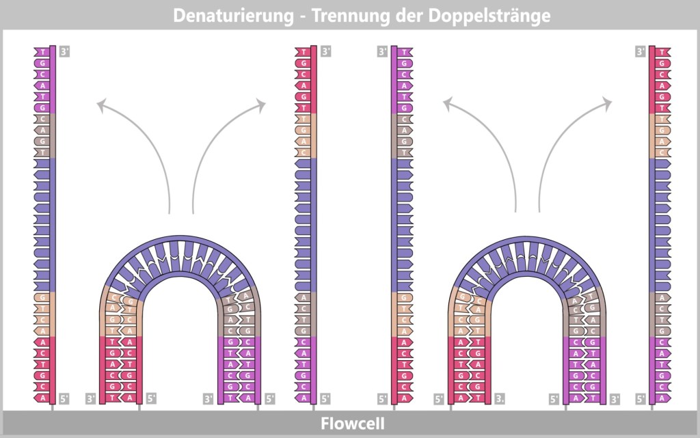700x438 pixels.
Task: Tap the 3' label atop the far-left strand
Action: pos(65,51)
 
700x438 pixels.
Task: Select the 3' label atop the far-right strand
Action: pos(641,51)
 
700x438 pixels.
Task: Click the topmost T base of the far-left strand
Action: pos(42,52)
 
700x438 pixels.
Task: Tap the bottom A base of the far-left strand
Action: pos(42,398)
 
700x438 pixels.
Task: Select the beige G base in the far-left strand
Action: pos(42,297)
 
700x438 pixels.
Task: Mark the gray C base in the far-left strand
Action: pos(42,118)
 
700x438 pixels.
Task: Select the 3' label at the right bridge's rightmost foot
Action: pos(615,398)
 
